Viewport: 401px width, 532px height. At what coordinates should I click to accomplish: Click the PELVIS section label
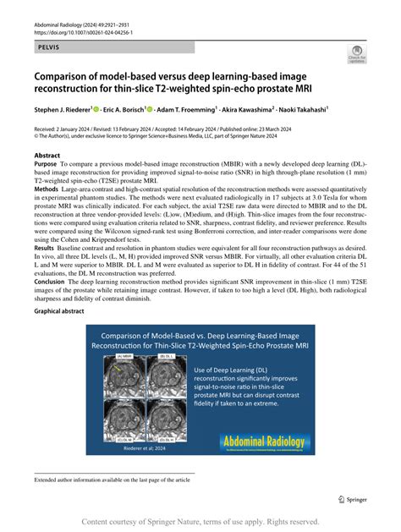50,47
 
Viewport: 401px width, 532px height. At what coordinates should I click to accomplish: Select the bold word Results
47,244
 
